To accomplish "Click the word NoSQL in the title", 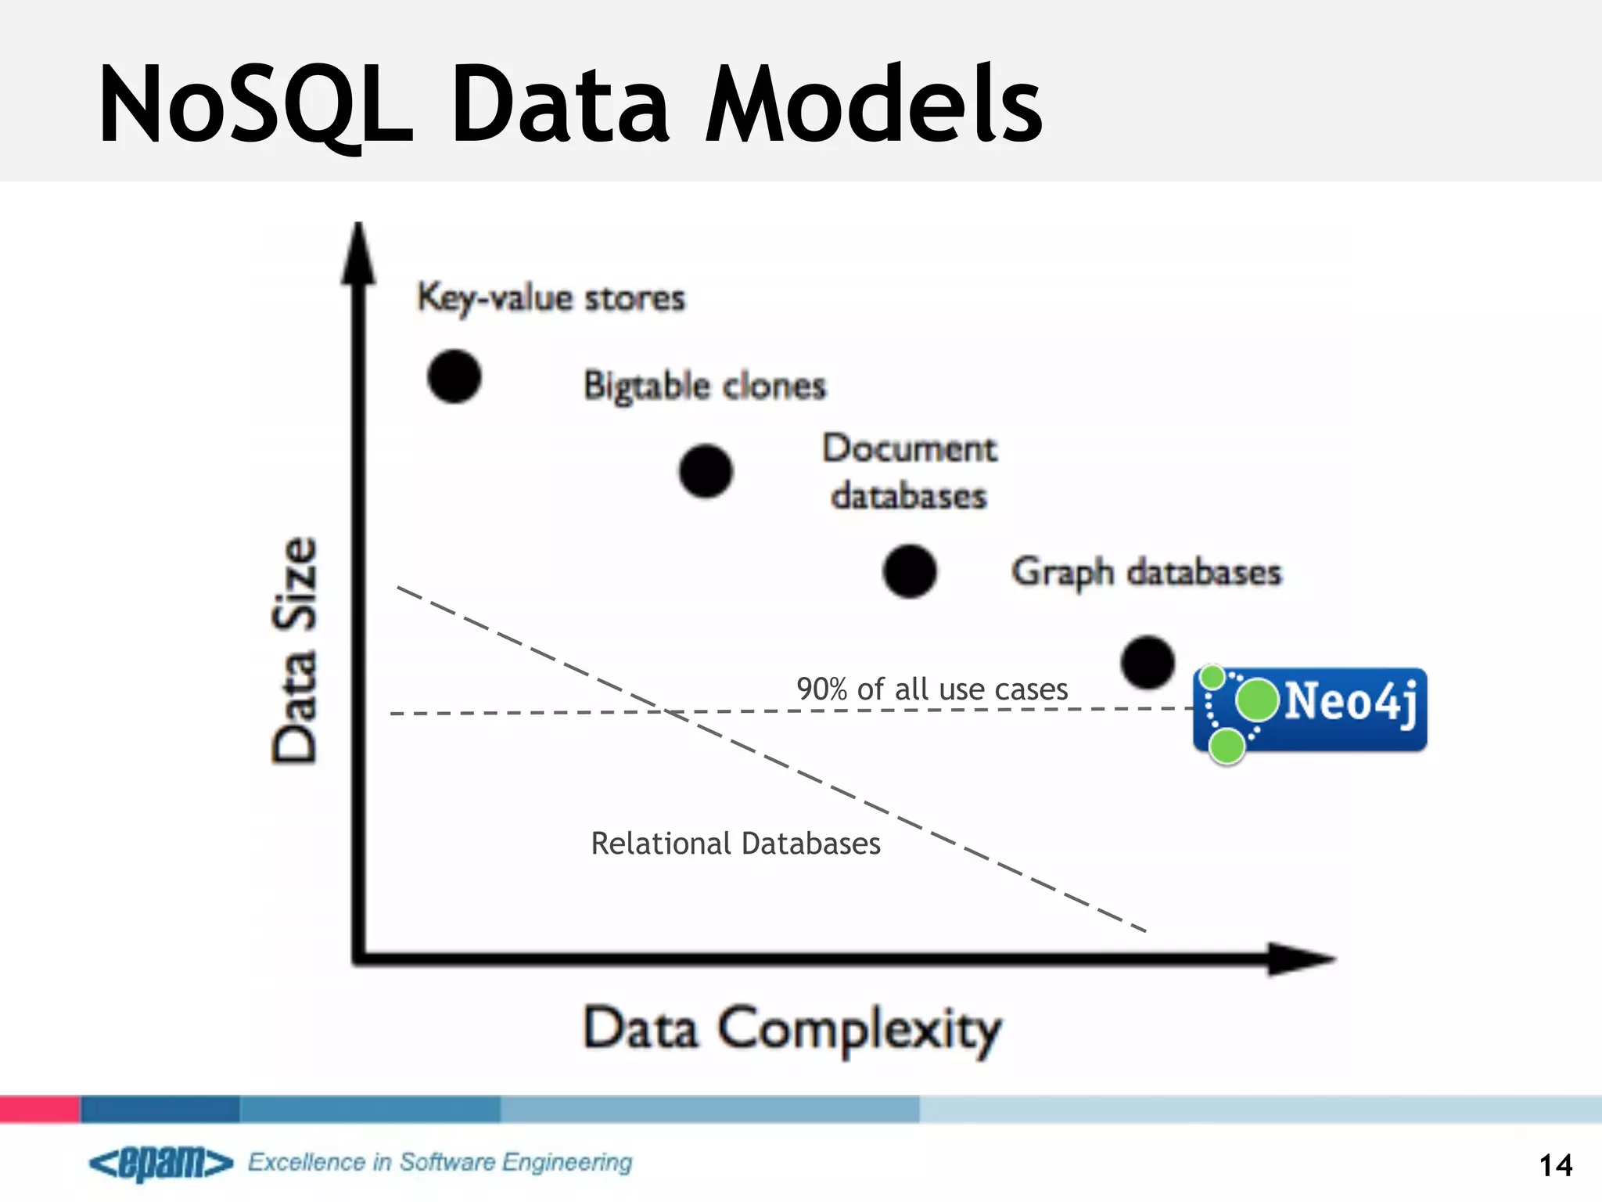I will [254, 106].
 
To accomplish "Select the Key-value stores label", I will [551, 298].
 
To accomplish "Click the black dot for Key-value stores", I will [454, 376].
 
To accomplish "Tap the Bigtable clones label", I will [705, 386].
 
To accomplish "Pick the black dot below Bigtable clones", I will [706, 471].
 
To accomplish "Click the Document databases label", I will [910, 472].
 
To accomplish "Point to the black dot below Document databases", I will [910, 571].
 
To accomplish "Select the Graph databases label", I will [1146, 572].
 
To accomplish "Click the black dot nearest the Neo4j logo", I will [1148, 662].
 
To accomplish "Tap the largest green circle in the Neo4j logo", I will [1257, 700].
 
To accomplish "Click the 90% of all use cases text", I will [932, 689].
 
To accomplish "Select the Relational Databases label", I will [735, 844].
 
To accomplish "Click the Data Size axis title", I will [295, 650].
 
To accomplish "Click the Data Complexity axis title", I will [792, 1029].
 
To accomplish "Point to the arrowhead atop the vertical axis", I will [358, 254].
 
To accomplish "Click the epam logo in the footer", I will [161, 1163].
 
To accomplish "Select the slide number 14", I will [1555, 1165].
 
